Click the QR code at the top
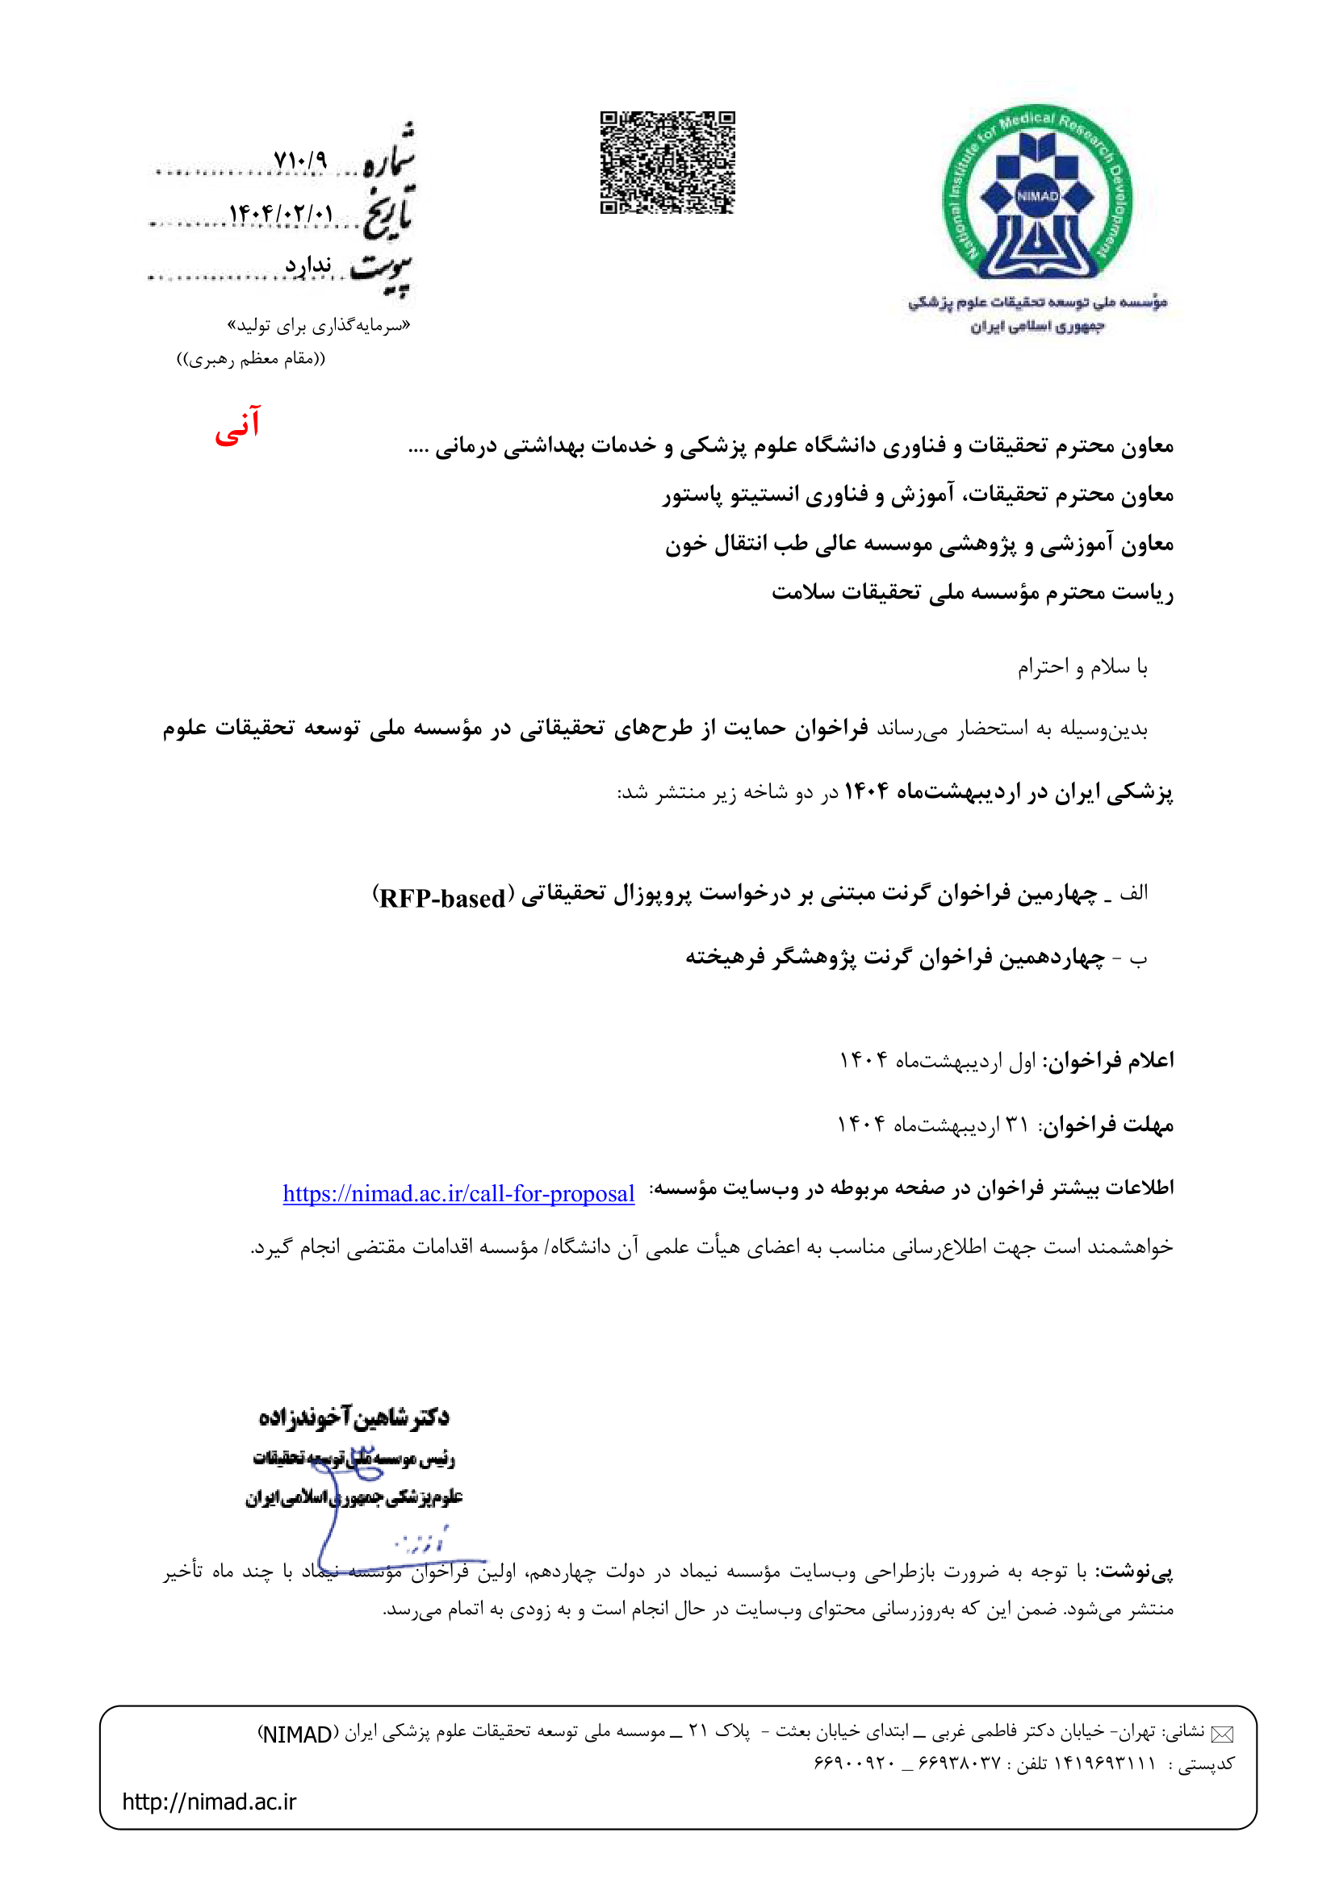point(667,162)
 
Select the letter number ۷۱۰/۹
point(300,160)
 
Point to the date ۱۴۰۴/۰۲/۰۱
point(281,214)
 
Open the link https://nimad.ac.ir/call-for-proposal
point(458,1193)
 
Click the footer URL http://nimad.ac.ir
point(209,1801)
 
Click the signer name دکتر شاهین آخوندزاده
point(354,1415)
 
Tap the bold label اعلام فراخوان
point(1109,1060)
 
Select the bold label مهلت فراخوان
point(1107,1125)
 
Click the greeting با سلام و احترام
point(1082,666)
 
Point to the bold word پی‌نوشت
point(1139,1572)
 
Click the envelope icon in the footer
point(1222,1735)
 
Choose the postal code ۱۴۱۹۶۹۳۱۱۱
point(1105,1764)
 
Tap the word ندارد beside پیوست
point(308,265)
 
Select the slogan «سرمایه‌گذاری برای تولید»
point(319,325)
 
